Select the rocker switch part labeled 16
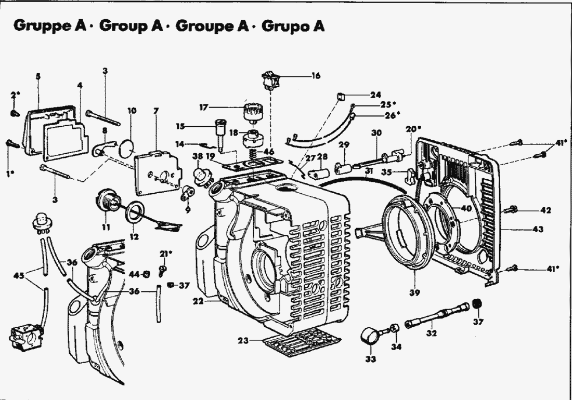pos(271,78)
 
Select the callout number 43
pos(538,229)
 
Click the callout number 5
pos(38,76)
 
